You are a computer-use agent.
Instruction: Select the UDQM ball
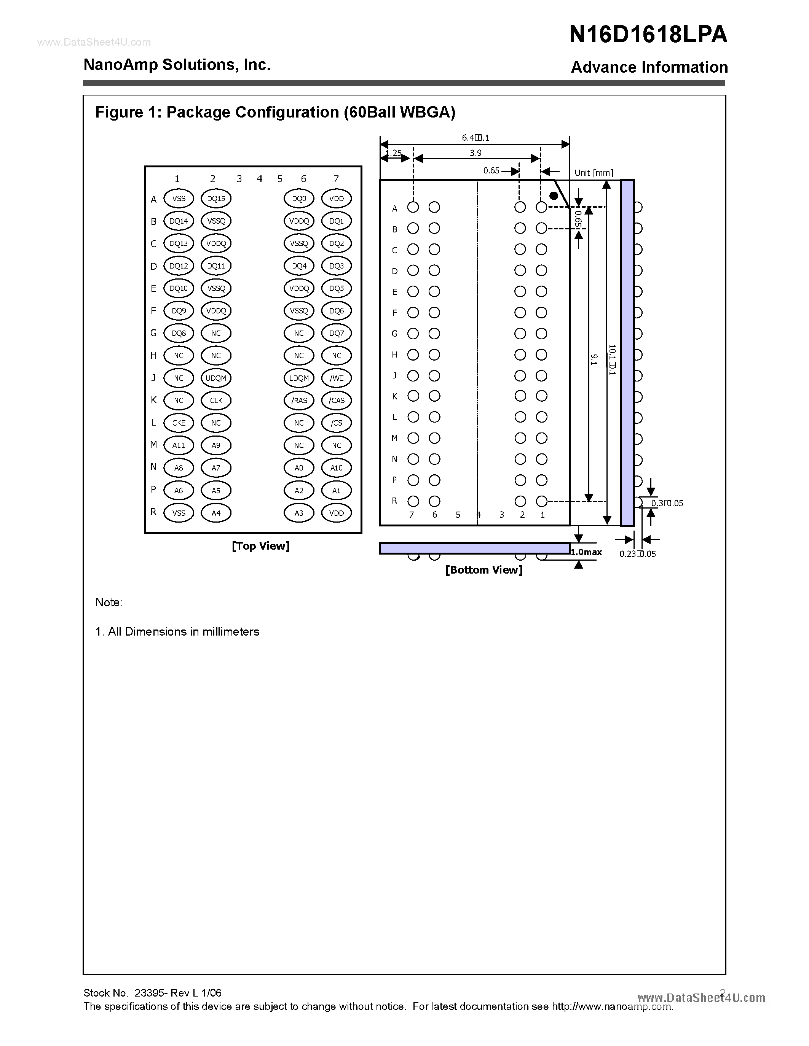(x=216, y=378)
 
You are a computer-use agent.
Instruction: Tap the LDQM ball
(x=299, y=378)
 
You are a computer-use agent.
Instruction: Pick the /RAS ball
(x=299, y=401)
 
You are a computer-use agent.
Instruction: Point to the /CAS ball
(x=337, y=401)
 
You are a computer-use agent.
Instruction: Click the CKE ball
(x=179, y=423)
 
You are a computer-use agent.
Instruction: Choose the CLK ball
(x=216, y=401)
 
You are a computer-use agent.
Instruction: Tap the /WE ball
(x=337, y=378)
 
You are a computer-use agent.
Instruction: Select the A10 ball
(x=337, y=468)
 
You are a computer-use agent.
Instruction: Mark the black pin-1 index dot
(x=554, y=196)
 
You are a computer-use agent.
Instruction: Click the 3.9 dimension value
(x=476, y=153)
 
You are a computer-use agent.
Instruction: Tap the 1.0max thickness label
(x=586, y=552)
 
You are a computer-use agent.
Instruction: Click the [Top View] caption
(x=261, y=546)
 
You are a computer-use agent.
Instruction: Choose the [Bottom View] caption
(x=483, y=570)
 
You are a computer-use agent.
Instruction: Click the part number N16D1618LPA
(x=648, y=35)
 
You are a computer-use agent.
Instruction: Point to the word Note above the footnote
(x=109, y=602)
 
